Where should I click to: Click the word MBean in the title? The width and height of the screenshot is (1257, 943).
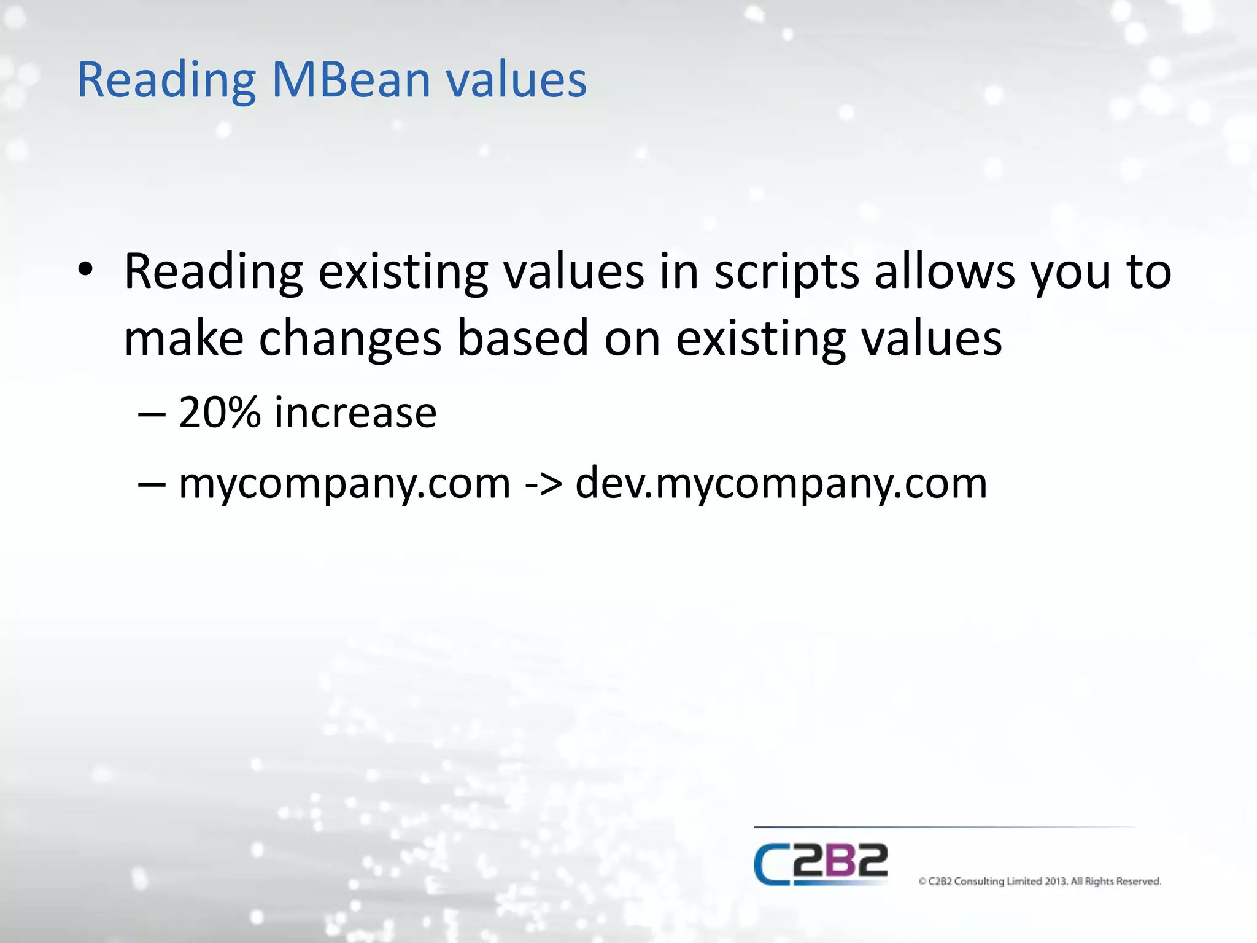351,80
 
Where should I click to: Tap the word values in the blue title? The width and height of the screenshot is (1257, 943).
516,80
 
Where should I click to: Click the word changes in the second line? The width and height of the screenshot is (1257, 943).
350,340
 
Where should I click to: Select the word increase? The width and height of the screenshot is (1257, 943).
355,412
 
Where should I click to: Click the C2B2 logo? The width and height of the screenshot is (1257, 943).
821,864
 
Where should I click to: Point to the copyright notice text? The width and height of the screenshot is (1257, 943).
1040,881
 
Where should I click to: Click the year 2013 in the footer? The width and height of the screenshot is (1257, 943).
1056,881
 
